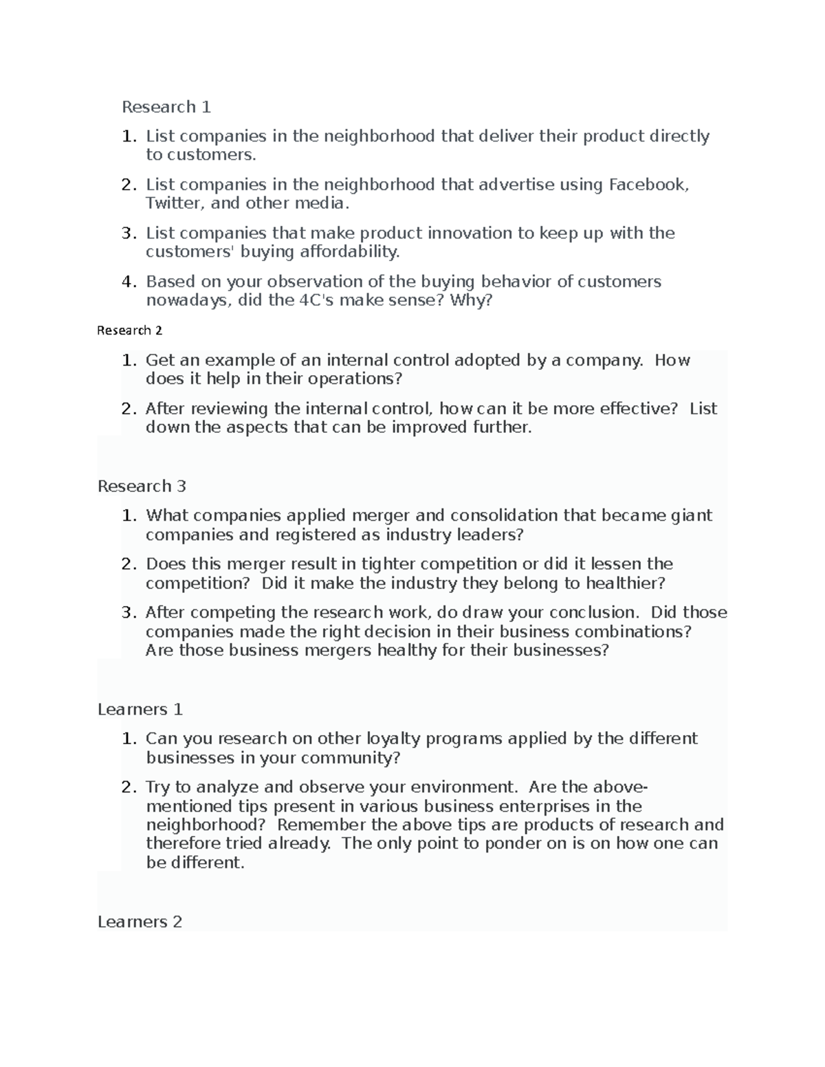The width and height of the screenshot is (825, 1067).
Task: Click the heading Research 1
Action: click(x=166, y=107)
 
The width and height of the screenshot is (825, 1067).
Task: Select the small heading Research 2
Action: click(x=129, y=330)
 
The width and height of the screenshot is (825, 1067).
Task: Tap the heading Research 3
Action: click(x=142, y=486)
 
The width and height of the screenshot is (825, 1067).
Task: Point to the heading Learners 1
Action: click(x=140, y=710)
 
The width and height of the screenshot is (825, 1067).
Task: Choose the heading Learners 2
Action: click(x=140, y=922)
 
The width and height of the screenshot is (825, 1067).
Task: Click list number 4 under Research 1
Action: click(x=128, y=282)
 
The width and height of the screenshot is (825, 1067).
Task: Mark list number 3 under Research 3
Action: click(x=128, y=612)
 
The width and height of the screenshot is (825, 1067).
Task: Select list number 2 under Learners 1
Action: click(x=128, y=787)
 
